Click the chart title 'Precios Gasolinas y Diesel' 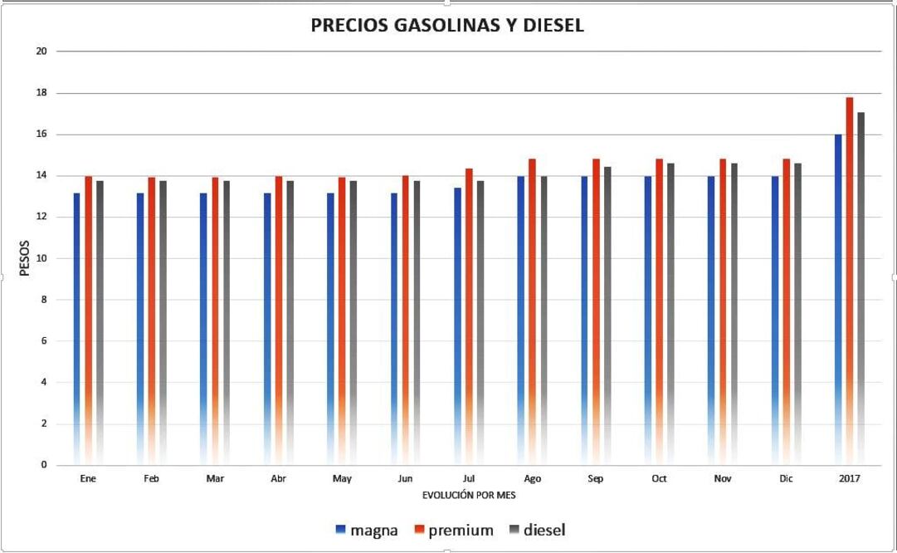click(x=447, y=26)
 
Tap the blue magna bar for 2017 click(x=838, y=299)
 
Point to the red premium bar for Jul click(x=469, y=316)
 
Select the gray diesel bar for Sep click(x=607, y=316)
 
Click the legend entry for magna click(x=366, y=530)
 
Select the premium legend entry click(x=454, y=530)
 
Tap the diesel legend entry click(x=538, y=530)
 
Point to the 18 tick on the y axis click(x=41, y=93)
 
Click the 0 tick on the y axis click(x=43, y=465)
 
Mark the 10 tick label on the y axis click(x=41, y=258)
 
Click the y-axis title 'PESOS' click(x=25, y=258)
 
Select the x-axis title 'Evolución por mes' click(x=469, y=495)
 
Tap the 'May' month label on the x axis click(x=342, y=479)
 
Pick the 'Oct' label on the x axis click(x=659, y=479)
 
